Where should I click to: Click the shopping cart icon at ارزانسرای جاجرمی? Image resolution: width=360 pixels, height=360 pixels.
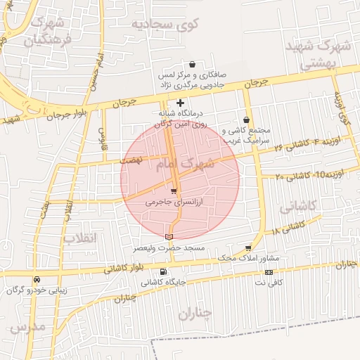click(174, 191)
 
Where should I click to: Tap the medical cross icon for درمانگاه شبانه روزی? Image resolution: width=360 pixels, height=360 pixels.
click(180, 103)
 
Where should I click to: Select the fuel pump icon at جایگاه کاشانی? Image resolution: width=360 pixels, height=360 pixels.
click(164, 272)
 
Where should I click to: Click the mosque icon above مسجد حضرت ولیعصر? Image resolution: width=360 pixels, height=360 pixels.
click(168, 237)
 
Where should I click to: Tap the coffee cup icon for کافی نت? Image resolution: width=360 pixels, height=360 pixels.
click(268, 271)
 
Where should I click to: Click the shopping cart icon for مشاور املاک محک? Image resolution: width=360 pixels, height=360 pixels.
click(248, 247)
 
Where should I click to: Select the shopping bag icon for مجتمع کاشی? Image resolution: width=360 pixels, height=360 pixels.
click(246, 120)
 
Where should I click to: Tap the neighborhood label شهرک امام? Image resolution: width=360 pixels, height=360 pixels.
click(191, 166)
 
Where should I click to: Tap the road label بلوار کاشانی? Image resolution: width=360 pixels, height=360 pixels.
click(124, 268)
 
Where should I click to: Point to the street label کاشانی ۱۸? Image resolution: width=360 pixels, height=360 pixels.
click(287, 228)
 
